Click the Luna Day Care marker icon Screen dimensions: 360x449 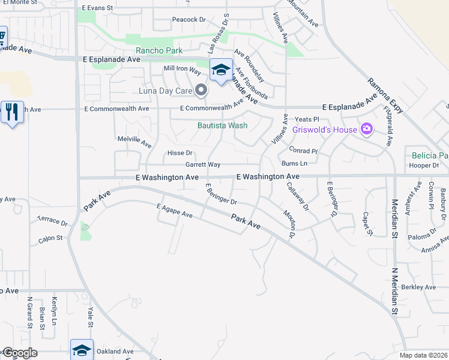coord(201,91)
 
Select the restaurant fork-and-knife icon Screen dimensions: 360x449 coord(11,112)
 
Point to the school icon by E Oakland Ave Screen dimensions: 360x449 coord(82,349)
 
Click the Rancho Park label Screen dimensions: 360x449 coord(159,51)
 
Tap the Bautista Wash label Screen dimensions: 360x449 coord(223,126)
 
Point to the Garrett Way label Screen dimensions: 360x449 coord(203,164)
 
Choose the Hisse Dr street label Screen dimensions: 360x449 coord(180,153)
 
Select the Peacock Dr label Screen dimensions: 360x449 coord(189,19)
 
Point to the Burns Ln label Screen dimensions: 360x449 coord(294,163)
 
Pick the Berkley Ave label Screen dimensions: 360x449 coord(418,287)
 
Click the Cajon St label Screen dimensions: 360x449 coord(51,238)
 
